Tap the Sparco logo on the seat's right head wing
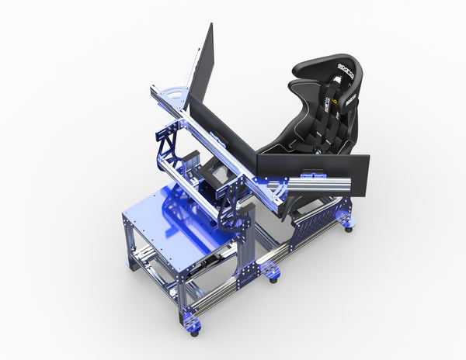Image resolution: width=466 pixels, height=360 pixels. pos(351,99)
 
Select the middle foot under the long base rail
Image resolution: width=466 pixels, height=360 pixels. pos(271,273)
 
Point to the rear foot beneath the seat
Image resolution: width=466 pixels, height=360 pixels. pos(347,226)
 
